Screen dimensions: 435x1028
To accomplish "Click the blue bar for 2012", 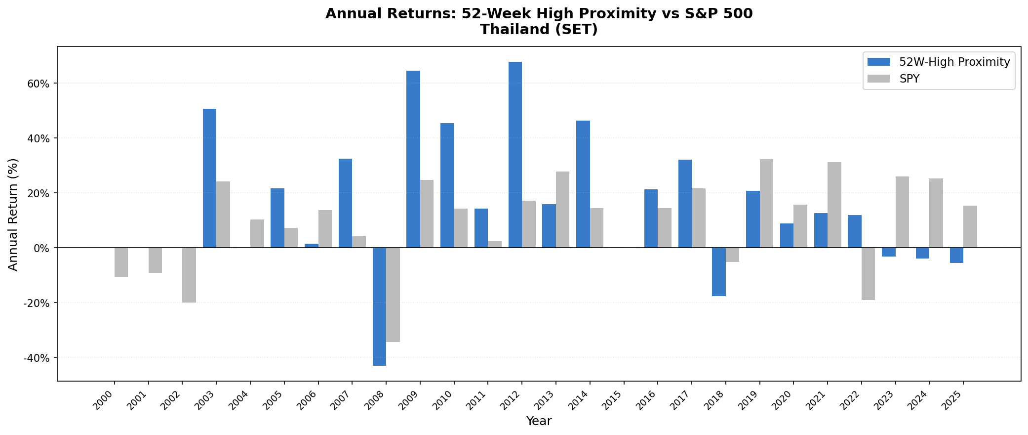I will click(x=515, y=155).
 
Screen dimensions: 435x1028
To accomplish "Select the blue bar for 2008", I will click(x=379, y=306).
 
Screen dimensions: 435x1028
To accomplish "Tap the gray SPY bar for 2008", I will click(x=393, y=295).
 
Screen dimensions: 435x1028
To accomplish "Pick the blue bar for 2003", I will click(x=209, y=178).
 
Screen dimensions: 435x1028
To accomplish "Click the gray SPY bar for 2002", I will click(x=189, y=275).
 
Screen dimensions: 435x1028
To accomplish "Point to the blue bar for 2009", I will click(x=413, y=159).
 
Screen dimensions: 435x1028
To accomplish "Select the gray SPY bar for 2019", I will click(x=766, y=203).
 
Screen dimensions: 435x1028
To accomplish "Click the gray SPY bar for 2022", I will click(x=868, y=273).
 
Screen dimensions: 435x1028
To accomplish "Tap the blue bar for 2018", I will click(x=719, y=272).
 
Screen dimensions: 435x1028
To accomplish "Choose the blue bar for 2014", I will click(x=583, y=184).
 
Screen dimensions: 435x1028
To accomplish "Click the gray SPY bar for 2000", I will click(x=121, y=262).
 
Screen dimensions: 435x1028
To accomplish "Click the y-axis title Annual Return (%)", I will click(x=13, y=214).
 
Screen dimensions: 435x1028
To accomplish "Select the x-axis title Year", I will click(x=539, y=421).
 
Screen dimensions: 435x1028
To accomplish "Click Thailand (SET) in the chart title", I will click(x=539, y=30).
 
